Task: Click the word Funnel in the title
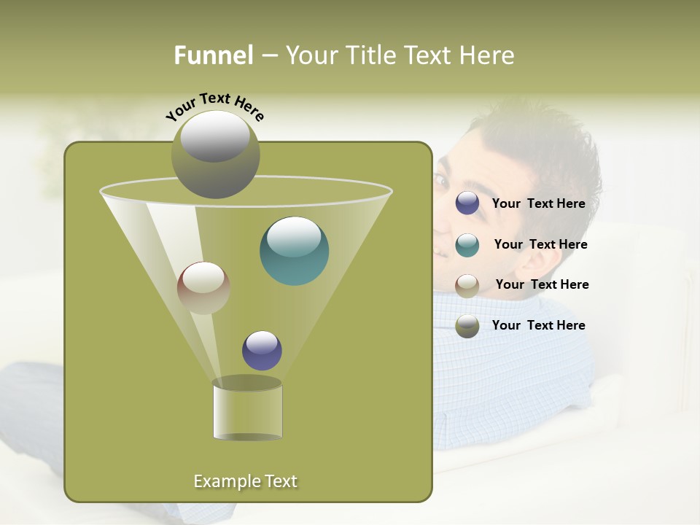click(213, 55)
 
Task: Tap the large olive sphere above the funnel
click(215, 155)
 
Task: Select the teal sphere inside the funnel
click(294, 251)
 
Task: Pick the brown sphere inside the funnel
click(203, 288)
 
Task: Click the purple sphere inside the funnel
click(262, 350)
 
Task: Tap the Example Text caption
click(246, 481)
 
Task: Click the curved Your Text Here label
click(214, 106)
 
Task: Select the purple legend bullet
click(467, 203)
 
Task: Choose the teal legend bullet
click(467, 245)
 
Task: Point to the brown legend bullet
click(467, 285)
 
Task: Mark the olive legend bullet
click(467, 326)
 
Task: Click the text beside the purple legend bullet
click(538, 204)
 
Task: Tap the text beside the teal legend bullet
click(540, 245)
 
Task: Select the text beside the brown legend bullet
click(542, 285)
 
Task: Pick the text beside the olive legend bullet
click(538, 326)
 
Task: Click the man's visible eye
click(443, 179)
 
